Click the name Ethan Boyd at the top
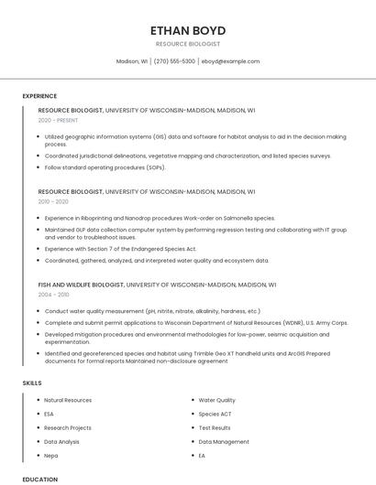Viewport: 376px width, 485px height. (x=188, y=30)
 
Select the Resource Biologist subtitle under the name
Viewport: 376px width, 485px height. (x=188, y=44)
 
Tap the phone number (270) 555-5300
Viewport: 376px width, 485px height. (x=174, y=61)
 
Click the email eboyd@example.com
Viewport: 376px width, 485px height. (x=230, y=61)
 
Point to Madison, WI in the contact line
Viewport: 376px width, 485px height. (x=132, y=61)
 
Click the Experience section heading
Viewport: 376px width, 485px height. (x=39, y=96)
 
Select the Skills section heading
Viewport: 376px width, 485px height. (x=32, y=383)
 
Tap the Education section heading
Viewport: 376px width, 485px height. (x=39, y=479)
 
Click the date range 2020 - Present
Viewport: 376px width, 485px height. (x=59, y=120)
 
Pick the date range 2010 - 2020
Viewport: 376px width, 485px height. (x=53, y=201)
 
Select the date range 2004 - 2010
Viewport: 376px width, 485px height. (x=53, y=295)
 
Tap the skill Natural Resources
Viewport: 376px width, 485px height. (x=68, y=400)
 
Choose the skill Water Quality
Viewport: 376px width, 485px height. (x=216, y=400)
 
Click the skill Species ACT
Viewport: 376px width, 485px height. (x=215, y=414)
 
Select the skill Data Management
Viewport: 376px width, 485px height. (x=224, y=441)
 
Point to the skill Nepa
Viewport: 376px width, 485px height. (x=51, y=455)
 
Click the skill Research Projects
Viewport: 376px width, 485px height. (x=68, y=427)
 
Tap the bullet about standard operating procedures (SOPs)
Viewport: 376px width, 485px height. (x=105, y=167)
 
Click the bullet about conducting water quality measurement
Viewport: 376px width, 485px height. (x=152, y=311)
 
